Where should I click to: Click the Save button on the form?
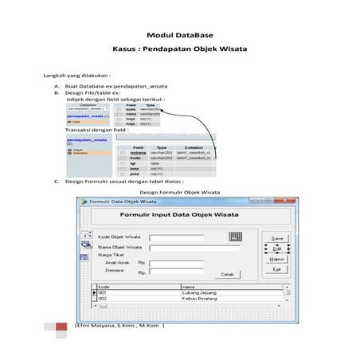coord(276,238)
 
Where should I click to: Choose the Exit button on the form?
coord(276,269)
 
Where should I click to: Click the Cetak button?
coord(228,274)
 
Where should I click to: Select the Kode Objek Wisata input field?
coord(182,237)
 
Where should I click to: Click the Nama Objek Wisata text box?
coord(193,247)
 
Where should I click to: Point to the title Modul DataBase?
coord(179,35)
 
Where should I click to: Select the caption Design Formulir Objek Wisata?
coord(179,192)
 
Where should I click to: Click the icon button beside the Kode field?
coord(235,236)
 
